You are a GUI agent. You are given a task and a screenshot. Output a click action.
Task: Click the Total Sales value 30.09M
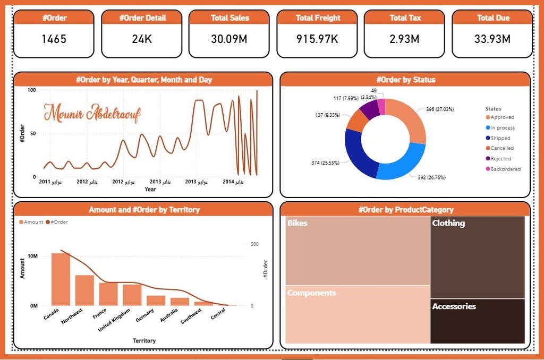pos(230,39)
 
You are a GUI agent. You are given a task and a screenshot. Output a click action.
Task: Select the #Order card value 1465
pos(54,39)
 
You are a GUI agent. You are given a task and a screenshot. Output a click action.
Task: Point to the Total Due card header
pos(492,18)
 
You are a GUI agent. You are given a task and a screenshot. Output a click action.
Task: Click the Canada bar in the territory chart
pos(61,279)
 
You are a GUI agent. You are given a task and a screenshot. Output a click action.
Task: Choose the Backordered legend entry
pos(505,169)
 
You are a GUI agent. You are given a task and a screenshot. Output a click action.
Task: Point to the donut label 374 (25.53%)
pos(325,162)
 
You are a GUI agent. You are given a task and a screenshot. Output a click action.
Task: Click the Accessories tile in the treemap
pos(477,321)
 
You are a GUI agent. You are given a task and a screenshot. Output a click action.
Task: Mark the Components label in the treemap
pos(311,293)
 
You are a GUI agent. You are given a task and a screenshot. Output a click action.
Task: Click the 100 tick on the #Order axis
pos(31,90)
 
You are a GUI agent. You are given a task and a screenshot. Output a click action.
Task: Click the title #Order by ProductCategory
pos(406,210)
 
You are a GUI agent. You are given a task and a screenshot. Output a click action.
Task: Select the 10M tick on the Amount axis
pos(32,256)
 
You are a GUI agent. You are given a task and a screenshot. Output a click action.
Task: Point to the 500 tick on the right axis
pos(254,244)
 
